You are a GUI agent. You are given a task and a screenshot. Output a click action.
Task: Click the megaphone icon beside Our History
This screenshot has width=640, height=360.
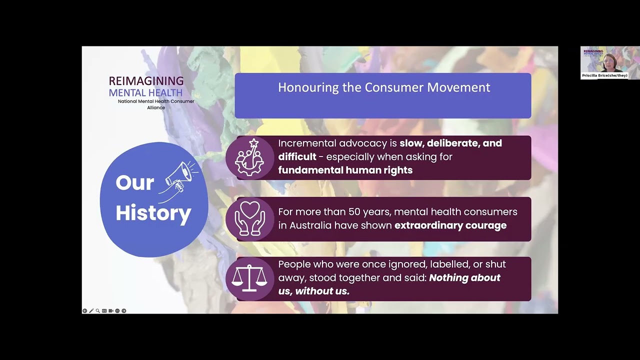tap(180, 175)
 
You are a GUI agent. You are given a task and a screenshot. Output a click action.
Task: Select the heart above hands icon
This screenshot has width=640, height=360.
tap(249, 218)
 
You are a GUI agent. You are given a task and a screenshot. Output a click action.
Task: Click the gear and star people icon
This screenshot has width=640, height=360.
tap(249, 157)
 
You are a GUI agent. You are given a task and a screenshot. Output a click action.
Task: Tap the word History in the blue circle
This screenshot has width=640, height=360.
tap(153, 213)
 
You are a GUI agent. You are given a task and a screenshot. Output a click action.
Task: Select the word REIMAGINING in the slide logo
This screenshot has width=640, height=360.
tap(146, 81)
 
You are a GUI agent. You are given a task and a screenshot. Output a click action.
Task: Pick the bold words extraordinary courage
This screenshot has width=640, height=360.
tap(450, 225)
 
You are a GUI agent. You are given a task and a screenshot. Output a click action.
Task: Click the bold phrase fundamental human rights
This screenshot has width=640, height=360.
tap(345, 170)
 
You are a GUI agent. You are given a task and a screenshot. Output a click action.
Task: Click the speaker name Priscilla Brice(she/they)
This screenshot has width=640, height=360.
tap(604, 75)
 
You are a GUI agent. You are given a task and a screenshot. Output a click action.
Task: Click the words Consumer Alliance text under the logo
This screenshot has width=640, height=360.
tap(156, 104)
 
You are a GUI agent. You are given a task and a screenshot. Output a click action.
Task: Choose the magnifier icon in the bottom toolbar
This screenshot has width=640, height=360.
tap(97, 311)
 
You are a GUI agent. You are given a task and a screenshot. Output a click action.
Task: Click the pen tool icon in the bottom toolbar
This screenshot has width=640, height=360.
tap(91, 311)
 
